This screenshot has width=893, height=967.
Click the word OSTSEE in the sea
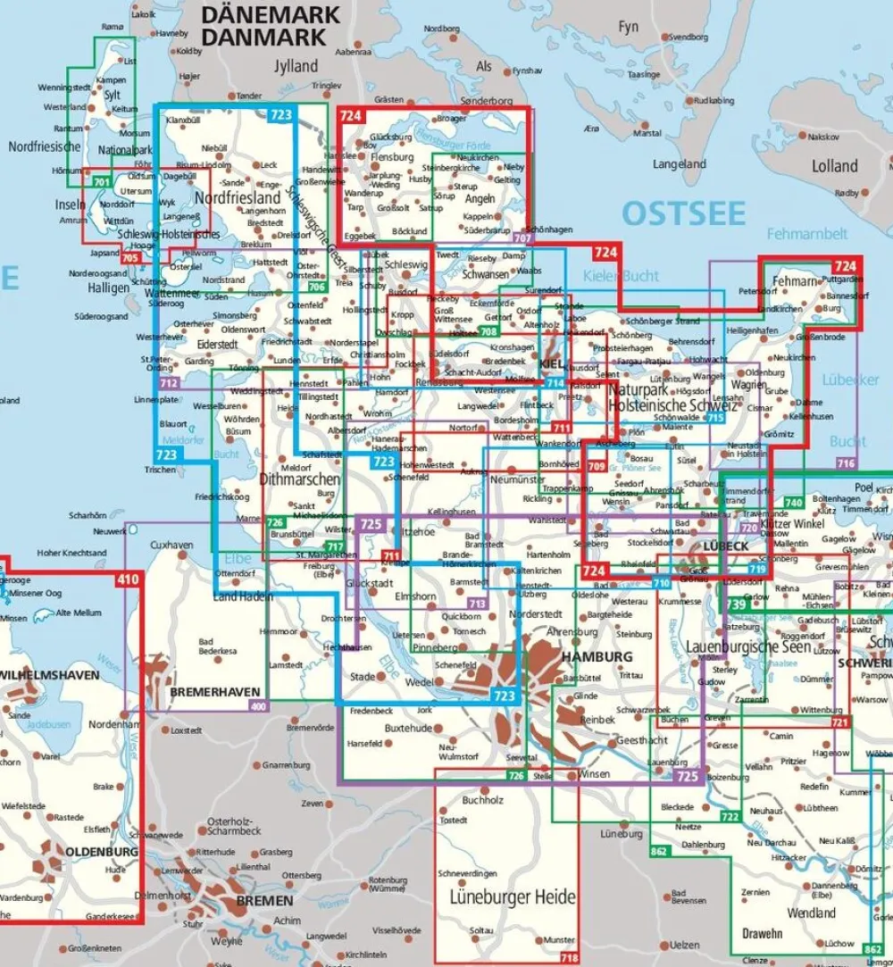point(683,213)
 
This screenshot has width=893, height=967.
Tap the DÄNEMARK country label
point(271,15)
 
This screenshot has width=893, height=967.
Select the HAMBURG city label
point(597,657)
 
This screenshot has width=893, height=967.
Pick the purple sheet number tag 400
point(259,707)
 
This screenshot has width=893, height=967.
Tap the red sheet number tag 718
point(568,958)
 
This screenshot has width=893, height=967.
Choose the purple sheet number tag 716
point(845,463)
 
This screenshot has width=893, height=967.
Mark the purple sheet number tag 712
point(167,382)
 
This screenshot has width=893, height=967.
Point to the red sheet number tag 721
point(839,721)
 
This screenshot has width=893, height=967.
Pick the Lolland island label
point(834,166)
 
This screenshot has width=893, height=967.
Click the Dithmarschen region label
point(298,479)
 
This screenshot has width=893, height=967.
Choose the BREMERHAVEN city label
point(217,692)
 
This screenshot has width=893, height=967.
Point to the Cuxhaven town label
point(172,545)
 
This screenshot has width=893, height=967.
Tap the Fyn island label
point(629,27)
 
